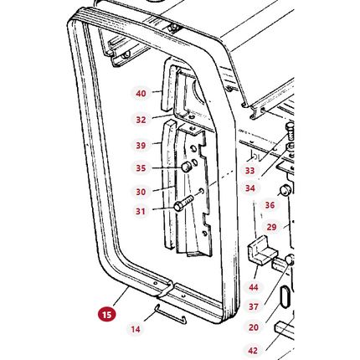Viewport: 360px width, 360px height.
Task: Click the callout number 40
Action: click(x=141, y=93)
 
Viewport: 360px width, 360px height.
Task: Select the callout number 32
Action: click(x=141, y=120)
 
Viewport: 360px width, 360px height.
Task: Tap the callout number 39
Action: click(x=141, y=146)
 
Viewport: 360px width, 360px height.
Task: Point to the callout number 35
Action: click(x=141, y=168)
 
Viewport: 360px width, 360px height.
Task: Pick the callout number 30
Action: click(x=141, y=192)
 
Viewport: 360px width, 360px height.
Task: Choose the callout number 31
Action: click(x=141, y=211)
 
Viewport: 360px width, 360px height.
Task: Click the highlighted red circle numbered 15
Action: click(x=105, y=315)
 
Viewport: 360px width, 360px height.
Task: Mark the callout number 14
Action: click(x=136, y=329)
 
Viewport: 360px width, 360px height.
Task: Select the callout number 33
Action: click(x=250, y=171)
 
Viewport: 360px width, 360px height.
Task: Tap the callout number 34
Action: click(x=250, y=188)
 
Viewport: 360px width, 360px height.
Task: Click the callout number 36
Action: click(x=270, y=205)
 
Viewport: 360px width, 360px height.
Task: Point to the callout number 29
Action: click(x=271, y=227)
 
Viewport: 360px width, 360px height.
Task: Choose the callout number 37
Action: click(x=253, y=307)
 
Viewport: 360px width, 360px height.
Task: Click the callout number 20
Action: click(x=253, y=328)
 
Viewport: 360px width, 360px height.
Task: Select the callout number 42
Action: click(x=253, y=351)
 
